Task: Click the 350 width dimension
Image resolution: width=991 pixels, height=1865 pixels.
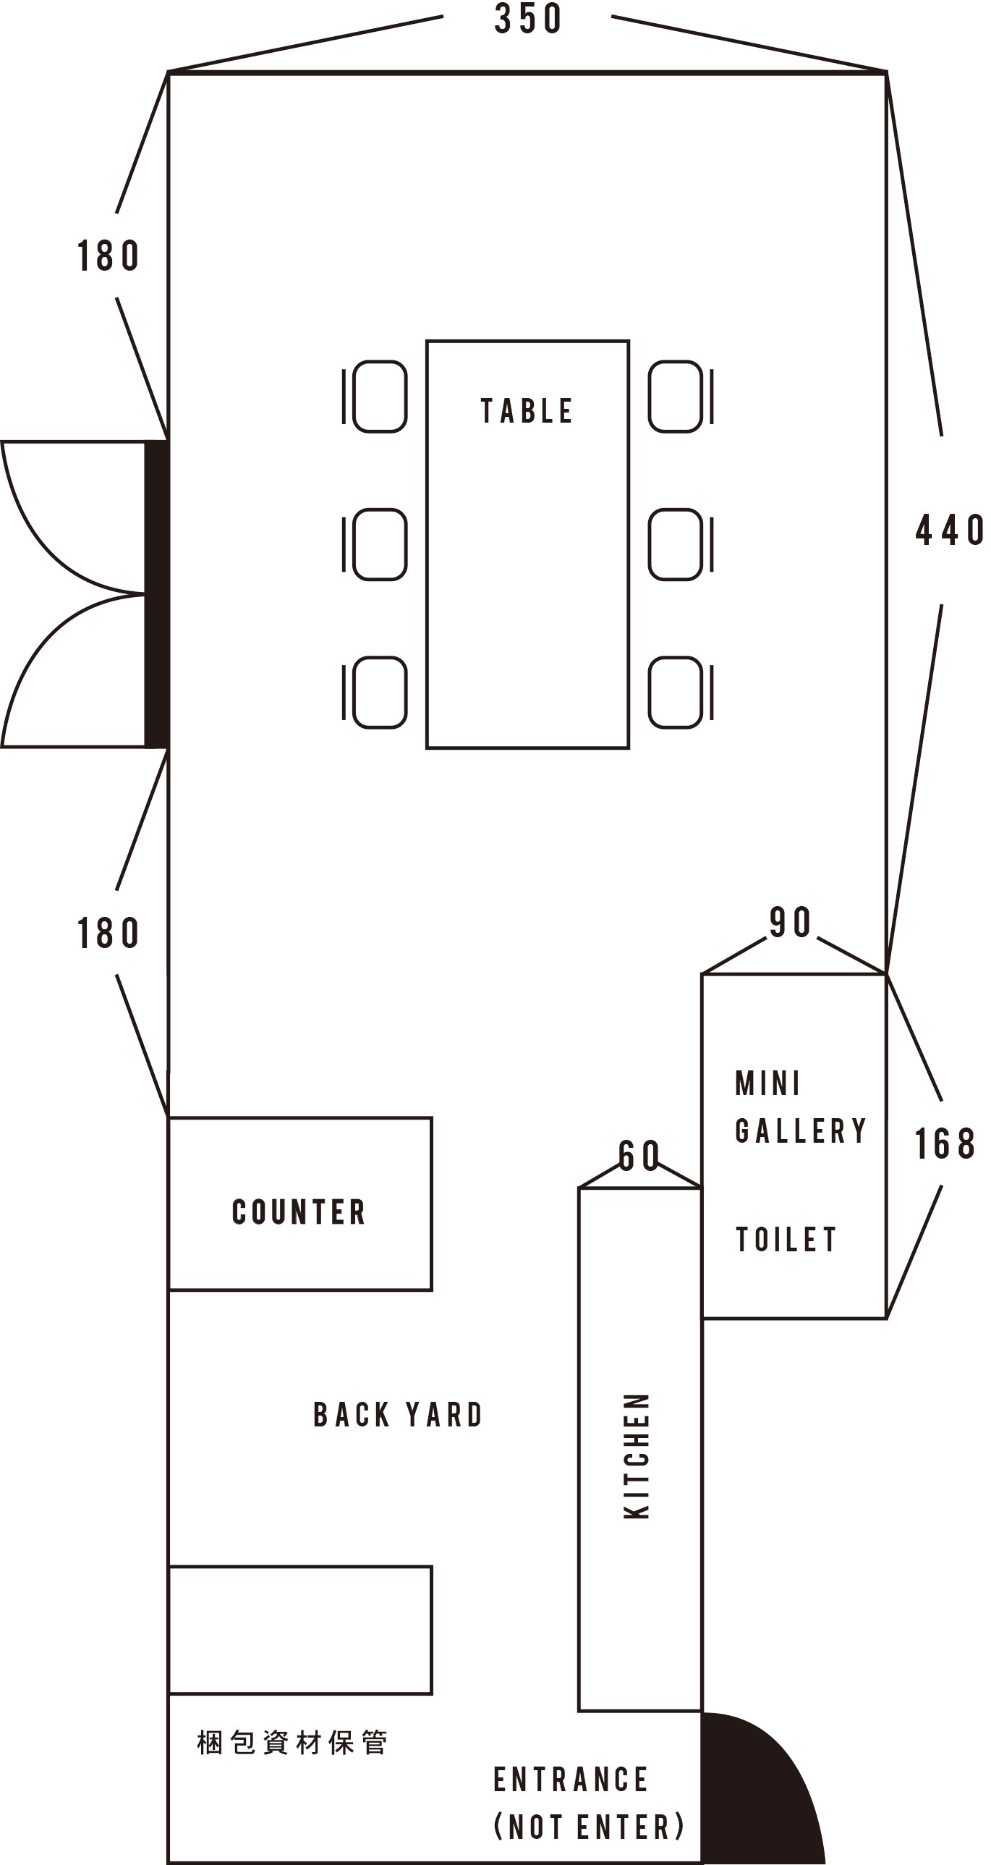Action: (528, 19)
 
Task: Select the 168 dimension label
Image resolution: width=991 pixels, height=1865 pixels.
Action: (945, 1144)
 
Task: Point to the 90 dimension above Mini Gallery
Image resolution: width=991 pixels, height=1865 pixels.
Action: (790, 922)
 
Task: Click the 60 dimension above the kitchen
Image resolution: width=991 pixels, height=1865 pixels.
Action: (639, 1156)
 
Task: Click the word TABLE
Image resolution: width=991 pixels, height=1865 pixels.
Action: (527, 411)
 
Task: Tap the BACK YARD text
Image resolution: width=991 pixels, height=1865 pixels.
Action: (397, 1415)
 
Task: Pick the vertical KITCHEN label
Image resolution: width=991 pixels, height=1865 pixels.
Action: (637, 1455)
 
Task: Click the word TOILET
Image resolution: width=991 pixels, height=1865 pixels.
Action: (786, 1240)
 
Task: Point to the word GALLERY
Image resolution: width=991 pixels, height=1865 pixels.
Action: (801, 1131)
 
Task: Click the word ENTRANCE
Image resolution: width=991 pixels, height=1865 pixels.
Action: (571, 1780)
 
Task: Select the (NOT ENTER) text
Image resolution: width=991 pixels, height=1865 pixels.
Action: (589, 1827)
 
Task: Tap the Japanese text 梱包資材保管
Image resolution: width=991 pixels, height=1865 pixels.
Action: (292, 1743)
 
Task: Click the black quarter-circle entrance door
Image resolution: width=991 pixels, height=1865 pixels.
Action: (753, 1796)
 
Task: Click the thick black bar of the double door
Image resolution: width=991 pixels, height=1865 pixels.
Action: (156, 593)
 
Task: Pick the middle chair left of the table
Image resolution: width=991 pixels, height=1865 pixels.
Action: (375, 544)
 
